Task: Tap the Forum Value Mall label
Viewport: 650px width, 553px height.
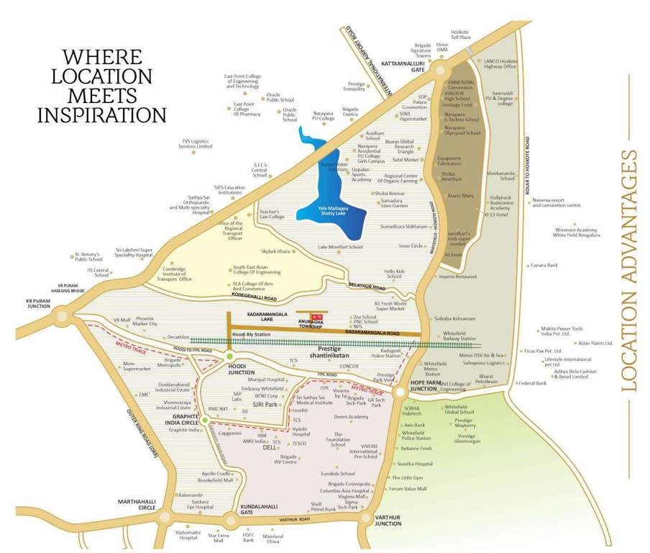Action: pos(408,489)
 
